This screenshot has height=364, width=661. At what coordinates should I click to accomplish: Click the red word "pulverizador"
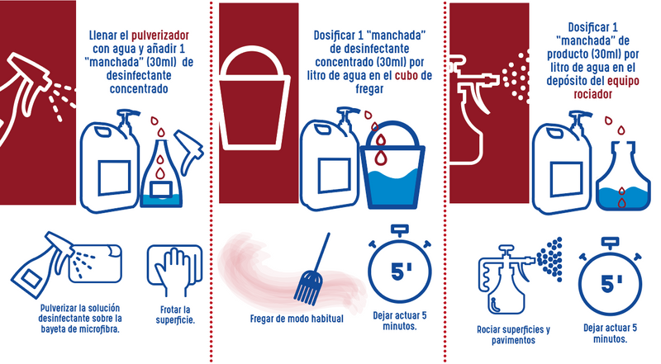tap(159, 35)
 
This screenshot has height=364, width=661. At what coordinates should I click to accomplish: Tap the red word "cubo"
tap(407, 76)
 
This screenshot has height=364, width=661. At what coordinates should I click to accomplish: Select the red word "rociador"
tap(592, 94)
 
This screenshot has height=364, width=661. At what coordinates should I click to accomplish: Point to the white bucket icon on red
tap(254, 98)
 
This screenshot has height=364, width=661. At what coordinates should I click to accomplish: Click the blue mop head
tap(308, 288)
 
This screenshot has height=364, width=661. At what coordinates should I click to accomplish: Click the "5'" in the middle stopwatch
tap(401, 272)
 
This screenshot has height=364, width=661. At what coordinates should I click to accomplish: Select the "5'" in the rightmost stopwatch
tap(611, 284)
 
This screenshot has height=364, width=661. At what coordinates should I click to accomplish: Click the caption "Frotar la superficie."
tap(175, 314)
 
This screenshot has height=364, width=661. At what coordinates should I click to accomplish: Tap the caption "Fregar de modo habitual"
tap(297, 319)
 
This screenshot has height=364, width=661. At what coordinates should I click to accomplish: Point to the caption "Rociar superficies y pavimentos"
tap(513, 335)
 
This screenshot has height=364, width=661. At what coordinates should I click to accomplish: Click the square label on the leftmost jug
tap(114, 178)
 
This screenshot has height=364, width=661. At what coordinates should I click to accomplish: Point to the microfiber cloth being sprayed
tap(96, 264)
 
